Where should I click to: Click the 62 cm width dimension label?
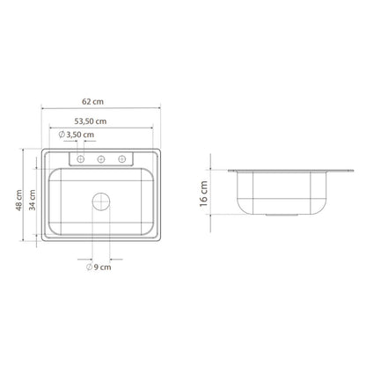[x=92, y=102]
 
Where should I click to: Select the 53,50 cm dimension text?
[x=91, y=121]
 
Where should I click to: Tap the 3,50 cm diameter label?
[x=80, y=135]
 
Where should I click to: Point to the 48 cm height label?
[x=18, y=201]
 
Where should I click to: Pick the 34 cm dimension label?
[x=33, y=200]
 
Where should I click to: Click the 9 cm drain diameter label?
[x=102, y=267]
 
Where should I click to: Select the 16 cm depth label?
[x=203, y=194]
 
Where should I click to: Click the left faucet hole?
[x=80, y=159]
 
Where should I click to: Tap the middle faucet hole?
[x=101, y=159]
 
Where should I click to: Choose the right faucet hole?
[x=121, y=159]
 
